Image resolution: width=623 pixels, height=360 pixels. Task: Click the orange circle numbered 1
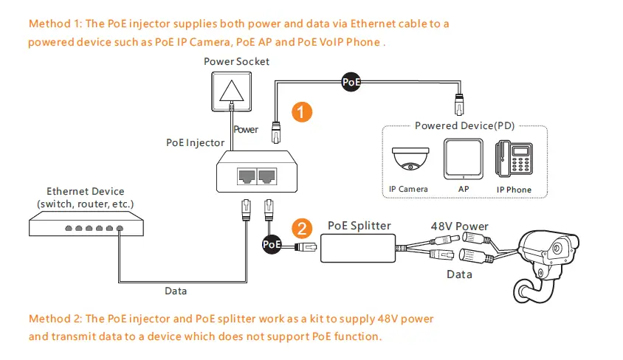(300, 112)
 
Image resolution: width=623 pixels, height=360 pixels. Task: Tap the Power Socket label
(236, 61)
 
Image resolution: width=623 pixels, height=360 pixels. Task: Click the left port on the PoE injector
(245, 176)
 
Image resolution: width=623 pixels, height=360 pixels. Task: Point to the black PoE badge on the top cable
(351, 82)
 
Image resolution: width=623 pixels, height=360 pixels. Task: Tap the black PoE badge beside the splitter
(272, 243)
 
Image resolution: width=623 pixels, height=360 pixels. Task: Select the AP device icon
(463, 160)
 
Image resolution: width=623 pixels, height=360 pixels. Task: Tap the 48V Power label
(459, 226)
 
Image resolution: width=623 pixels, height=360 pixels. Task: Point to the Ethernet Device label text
(85, 197)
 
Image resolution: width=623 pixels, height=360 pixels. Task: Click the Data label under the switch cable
(175, 291)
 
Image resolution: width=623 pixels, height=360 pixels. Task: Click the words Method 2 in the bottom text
(55, 319)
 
